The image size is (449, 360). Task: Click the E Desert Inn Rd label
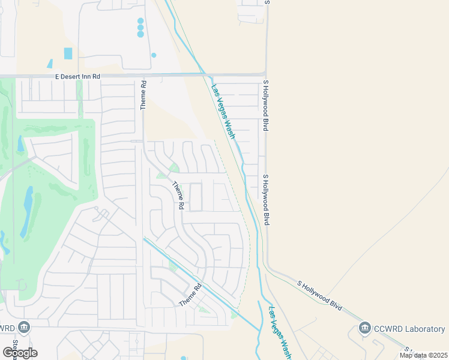click(77, 77)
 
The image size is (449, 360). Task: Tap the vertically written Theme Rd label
click(143, 95)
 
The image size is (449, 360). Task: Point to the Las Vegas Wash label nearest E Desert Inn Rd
click(222, 111)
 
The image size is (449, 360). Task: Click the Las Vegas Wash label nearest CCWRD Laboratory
click(280, 333)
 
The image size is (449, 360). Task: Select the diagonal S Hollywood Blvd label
click(320, 295)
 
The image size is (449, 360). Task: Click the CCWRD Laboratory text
click(409, 329)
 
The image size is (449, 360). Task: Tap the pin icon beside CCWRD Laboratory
click(364, 328)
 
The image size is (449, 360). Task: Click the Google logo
click(20, 352)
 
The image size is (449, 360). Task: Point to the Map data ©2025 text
click(423, 355)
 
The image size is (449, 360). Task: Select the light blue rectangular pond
click(68, 53)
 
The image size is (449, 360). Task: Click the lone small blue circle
click(154, 55)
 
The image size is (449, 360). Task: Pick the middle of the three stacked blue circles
click(140, 28)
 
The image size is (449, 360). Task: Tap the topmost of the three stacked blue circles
click(140, 21)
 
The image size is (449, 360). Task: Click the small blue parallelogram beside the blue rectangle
click(50, 64)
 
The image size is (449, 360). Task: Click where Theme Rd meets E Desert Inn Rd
click(143, 75)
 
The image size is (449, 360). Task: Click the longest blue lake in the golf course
click(28, 211)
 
